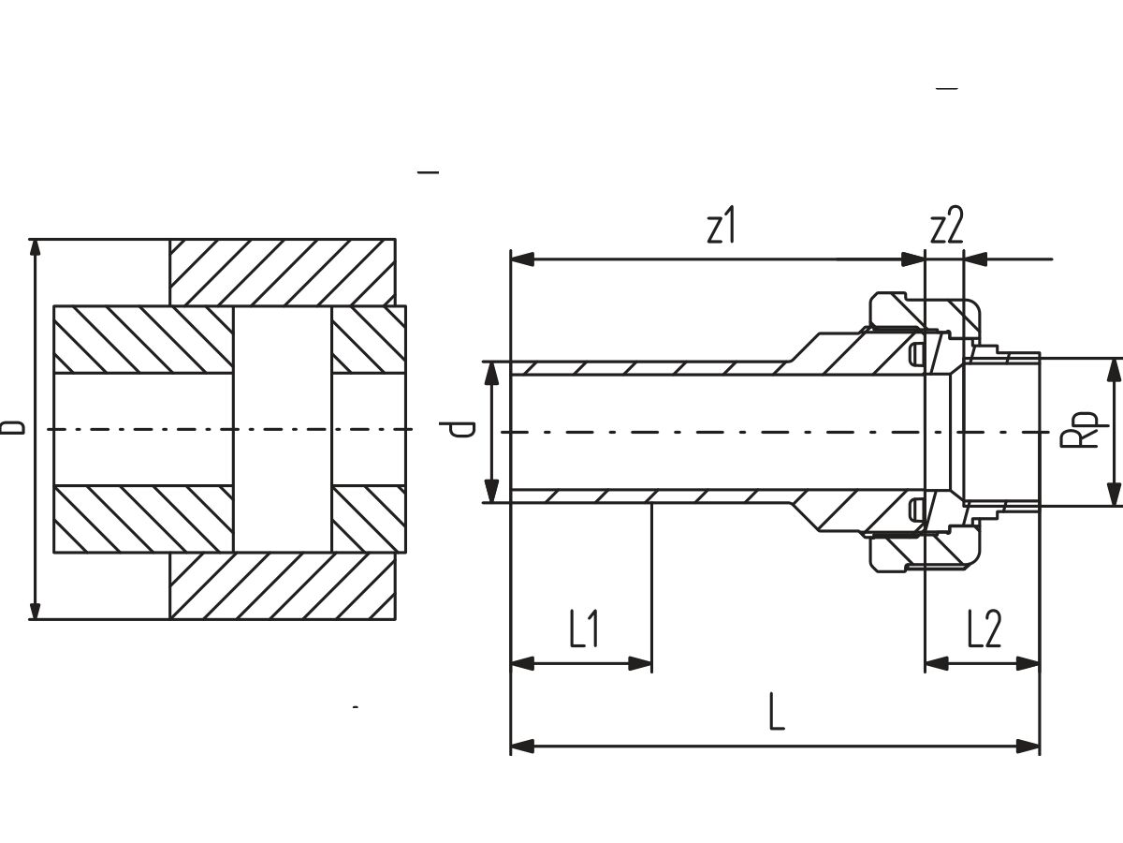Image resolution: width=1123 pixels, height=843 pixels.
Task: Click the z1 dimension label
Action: click(721, 225)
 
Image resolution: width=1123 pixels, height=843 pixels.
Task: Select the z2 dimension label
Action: click(946, 225)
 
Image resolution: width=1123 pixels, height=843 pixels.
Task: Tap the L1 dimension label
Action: click(584, 629)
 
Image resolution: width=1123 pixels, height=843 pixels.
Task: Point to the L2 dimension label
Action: click(984, 629)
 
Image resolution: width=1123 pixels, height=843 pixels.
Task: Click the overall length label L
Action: click(777, 712)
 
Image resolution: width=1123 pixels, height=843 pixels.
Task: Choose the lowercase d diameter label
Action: click(458, 429)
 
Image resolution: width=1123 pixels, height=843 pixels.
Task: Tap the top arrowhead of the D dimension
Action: click(35, 248)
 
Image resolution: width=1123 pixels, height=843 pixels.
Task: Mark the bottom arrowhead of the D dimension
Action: click(35, 611)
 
